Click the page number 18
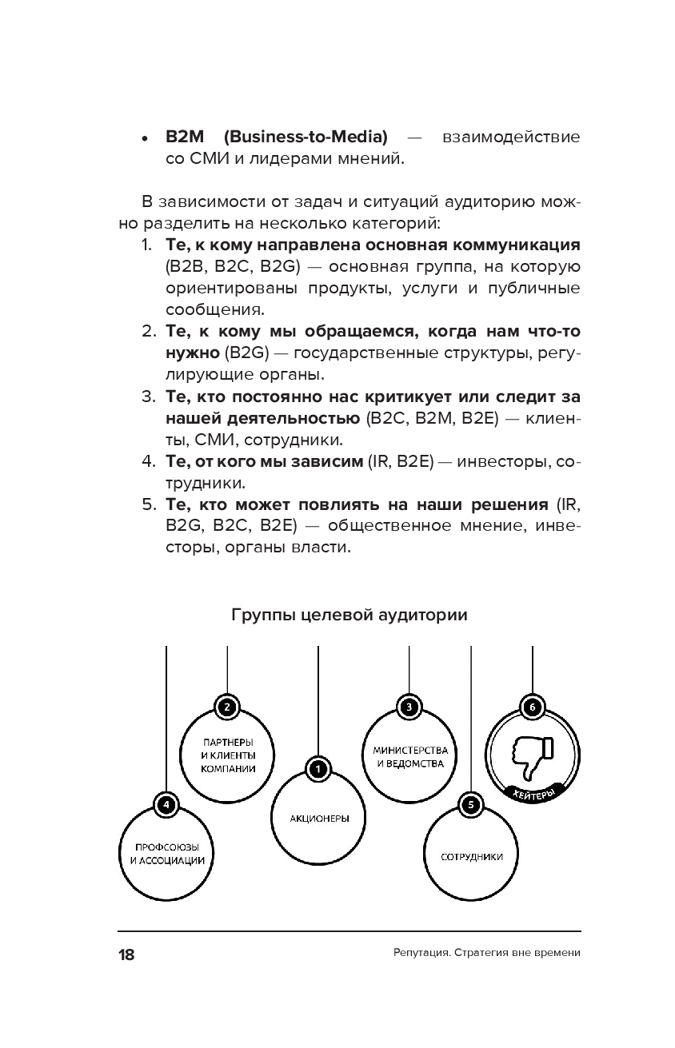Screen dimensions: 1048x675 tap(126, 954)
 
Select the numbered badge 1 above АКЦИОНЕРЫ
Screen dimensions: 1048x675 tap(318, 769)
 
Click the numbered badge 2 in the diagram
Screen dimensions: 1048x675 tap(227, 707)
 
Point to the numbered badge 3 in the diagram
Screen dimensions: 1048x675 tap(409, 707)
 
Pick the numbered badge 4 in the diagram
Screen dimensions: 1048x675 tap(166, 805)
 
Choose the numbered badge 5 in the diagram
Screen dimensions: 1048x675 tap(470, 805)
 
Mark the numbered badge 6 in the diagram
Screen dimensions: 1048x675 tap(532, 707)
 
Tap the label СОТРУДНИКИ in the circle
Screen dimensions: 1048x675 tap(471, 857)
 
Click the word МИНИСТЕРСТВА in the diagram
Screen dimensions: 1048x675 tap(409, 751)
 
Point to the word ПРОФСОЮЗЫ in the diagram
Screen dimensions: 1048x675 tap(166, 847)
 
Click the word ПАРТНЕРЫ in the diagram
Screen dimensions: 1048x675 tap(228, 743)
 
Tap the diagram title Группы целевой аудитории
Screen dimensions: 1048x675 tap(349, 616)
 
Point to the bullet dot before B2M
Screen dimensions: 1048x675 tap(145, 138)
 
